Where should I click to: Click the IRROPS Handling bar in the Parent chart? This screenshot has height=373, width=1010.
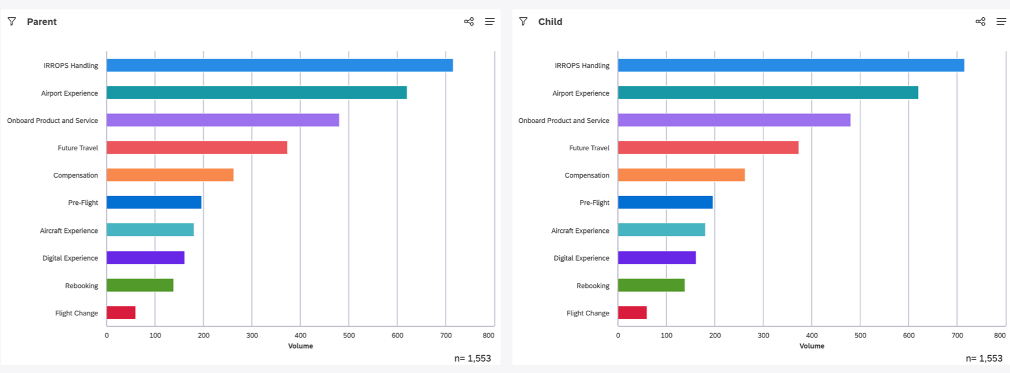tap(279, 65)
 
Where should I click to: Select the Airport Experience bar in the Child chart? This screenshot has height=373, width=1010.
tap(768, 93)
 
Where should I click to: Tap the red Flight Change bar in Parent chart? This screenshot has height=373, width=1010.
tap(121, 312)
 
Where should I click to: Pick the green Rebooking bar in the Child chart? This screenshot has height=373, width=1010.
tap(651, 285)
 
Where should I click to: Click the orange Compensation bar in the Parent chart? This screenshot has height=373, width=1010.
tap(170, 175)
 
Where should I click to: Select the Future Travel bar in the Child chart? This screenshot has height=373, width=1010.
tap(708, 147)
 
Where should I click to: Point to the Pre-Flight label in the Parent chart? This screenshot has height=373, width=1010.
tap(83, 203)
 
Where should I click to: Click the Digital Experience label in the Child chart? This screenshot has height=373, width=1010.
tap(581, 258)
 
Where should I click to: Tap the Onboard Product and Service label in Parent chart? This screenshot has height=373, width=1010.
tap(52, 121)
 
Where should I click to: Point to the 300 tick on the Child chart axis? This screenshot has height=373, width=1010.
tap(763, 336)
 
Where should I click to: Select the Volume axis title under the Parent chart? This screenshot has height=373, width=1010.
tap(300, 346)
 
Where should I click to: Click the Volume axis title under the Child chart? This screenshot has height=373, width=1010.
tap(812, 346)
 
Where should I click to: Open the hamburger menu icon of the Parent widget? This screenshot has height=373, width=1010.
tap(490, 21)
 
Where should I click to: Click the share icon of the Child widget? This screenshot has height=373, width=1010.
tap(980, 21)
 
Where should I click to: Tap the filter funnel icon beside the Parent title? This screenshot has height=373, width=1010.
tap(12, 21)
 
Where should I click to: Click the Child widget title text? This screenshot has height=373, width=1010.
tap(550, 21)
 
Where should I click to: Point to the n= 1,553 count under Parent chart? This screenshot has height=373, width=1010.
tap(472, 358)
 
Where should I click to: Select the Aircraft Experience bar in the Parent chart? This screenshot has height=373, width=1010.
tap(150, 230)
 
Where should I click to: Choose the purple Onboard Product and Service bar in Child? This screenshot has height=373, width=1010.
tap(734, 120)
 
